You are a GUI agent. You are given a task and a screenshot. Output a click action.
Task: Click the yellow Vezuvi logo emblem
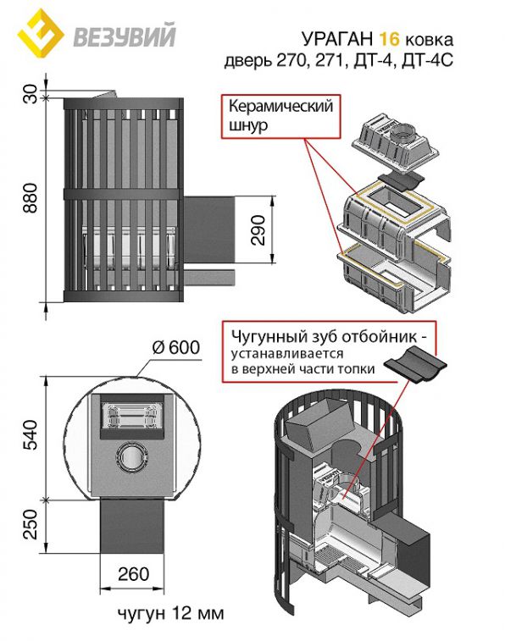[x=40, y=35]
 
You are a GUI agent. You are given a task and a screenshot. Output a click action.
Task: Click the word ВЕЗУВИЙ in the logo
[x=125, y=36]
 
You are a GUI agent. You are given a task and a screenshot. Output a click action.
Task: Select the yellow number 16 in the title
[x=389, y=39]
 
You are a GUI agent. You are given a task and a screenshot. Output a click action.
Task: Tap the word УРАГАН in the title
[x=337, y=39]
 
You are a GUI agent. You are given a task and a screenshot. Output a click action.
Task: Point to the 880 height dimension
[x=31, y=198]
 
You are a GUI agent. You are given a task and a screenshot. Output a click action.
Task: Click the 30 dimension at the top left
[x=31, y=94]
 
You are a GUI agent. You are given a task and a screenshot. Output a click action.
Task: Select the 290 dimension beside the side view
[x=258, y=229]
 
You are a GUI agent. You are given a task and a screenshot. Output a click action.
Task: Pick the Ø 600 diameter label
[x=176, y=347]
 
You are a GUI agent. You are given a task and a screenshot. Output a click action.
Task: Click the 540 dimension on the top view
[x=31, y=434]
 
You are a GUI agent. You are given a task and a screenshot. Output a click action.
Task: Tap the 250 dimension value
[x=31, y=524]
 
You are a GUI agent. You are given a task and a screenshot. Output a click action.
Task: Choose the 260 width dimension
[x=133, y=574]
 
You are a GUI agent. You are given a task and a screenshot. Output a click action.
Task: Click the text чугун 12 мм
[x=171, y=613]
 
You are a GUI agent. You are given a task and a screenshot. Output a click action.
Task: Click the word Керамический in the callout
[x=281, y=107]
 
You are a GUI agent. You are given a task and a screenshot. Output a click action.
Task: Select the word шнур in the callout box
[x=248, y=124]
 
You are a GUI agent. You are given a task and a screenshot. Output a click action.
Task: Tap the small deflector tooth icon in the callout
[x=415, y=364]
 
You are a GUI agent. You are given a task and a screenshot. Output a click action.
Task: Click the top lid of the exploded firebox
[x=396, y=142]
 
